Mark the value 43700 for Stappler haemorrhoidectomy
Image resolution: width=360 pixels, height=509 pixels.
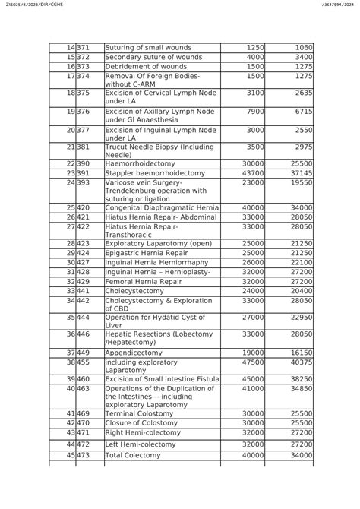point(251,173)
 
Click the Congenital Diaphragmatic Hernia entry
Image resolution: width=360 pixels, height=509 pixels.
point(160,207)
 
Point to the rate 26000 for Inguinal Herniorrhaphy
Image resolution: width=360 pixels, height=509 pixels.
point(251,262)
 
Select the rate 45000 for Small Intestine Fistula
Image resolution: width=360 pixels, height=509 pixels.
point(251,379)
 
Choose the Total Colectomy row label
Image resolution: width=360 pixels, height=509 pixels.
point(133,455)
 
